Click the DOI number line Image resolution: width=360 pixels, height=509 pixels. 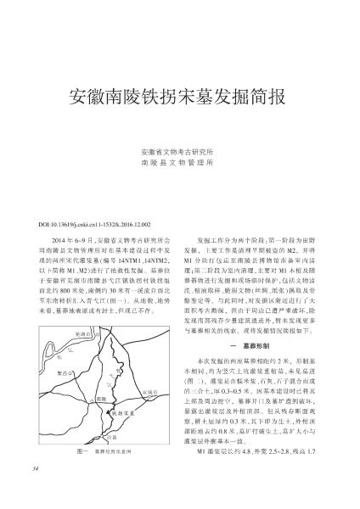(83, 201)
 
